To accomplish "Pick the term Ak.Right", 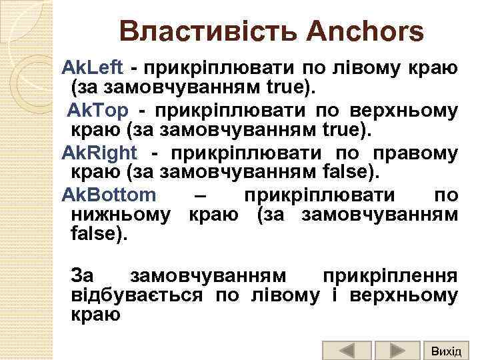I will tap(99, 153).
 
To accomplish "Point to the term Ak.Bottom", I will tap(109, 195).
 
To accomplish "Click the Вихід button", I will tap(446, 350).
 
